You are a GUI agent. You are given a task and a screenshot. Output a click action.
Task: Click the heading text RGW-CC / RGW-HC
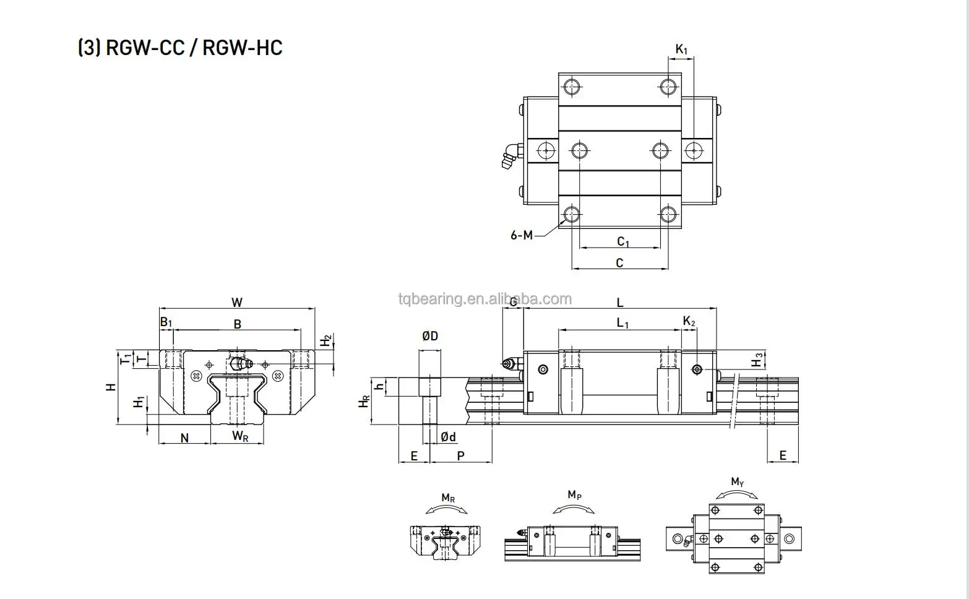pyautogui.click(x=180, y=48)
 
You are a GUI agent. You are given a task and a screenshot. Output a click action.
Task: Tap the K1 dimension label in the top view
pyautogui.click(x=681, y=49)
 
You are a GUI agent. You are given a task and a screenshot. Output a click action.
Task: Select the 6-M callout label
pyautogui.click(x=521, y=235)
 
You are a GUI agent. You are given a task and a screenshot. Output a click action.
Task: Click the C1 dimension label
pyautogui.click(x=623, y=242)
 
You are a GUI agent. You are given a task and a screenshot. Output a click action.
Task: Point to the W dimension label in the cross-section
pyautogui.click(x=237, y=303)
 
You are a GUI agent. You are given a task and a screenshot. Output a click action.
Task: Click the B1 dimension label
pyautogui.click(x=166, y=322)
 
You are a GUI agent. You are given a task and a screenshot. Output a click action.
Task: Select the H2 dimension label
pyautogui.click(x=326, y=340)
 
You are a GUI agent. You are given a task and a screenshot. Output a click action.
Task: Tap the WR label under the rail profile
pyautogui.click(x=240, y=436)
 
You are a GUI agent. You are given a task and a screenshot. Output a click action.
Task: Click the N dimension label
pyautogui.click(x=184, y=438)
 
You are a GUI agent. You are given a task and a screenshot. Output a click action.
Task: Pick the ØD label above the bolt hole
pyautogui.click(x=430, y=336)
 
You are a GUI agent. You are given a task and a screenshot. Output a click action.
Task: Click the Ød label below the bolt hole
pyautogui.click(x=448, y=437)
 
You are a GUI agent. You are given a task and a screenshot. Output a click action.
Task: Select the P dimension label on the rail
pyautogui.click(x=461, y=456)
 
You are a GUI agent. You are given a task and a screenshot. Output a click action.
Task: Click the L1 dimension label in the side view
pyautogui.click(x=622, y=322)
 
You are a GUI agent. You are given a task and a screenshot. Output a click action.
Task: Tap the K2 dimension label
pyautogui.click(x=689, y=321)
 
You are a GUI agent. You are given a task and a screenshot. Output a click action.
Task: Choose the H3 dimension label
pyautogui.click(x=757, y=360)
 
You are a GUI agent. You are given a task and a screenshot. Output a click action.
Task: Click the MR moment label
pyautogui.click(x=448, y=498)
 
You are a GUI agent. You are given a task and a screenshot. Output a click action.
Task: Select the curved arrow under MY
pyautogui.click(x=737, y=494)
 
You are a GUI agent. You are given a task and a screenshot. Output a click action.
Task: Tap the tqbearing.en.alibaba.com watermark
pyautogui.click(x=485, y=299)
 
